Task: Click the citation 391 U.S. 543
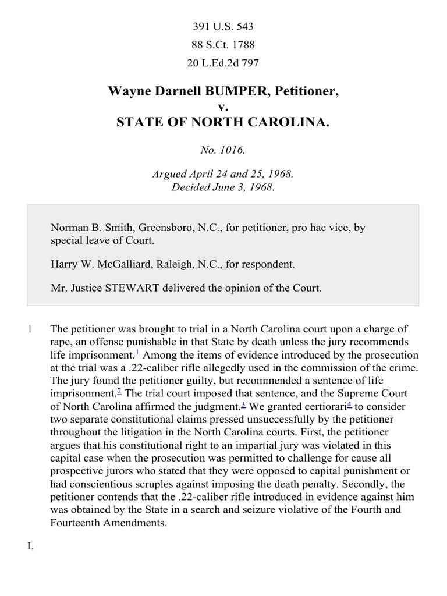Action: tap(223, 26)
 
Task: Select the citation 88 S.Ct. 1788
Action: tap(223, 45)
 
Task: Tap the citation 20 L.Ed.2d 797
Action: tap(223, 63)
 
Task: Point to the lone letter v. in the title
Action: tap(223, 107)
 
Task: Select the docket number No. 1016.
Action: tap(223, 150)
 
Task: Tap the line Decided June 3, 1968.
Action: tap(223, 187)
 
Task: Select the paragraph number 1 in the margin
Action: tap(29, 329)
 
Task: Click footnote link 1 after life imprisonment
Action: tap(137, 352)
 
